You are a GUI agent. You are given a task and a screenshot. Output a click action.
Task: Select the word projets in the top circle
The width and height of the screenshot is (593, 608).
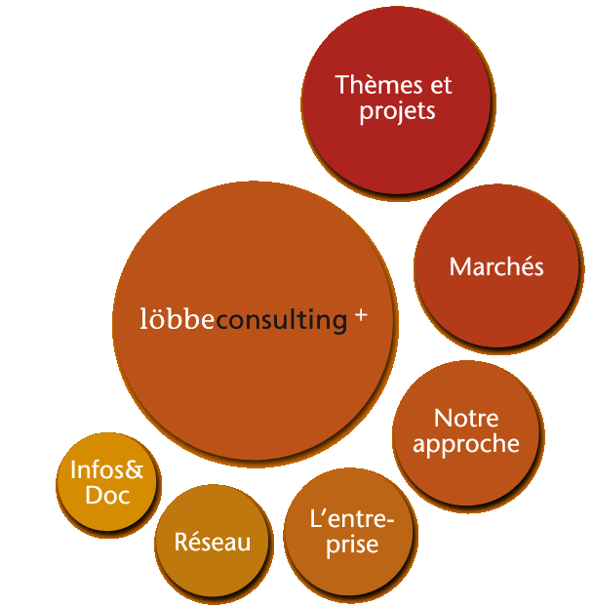coord(397,111)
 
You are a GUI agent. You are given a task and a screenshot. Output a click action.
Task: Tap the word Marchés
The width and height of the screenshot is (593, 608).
coord(496,266)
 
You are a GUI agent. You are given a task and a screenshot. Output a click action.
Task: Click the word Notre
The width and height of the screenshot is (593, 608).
coord(466,419)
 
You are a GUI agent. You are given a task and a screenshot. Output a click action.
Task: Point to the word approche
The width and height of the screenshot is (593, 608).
coord(466,444)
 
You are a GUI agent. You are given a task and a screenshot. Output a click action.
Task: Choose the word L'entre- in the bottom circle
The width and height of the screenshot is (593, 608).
coord(351,519)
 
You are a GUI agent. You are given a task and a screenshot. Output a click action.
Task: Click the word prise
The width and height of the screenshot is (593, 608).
coord(351,545)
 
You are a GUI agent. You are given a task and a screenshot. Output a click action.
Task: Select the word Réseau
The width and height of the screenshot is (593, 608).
coord(213,543)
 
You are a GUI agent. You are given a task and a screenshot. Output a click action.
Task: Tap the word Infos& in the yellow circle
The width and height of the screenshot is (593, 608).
coord(107,470)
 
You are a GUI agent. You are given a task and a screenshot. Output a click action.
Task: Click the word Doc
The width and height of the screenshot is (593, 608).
coord(107,496)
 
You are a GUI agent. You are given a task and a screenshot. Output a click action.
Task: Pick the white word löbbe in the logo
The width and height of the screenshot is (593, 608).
coord(178,319)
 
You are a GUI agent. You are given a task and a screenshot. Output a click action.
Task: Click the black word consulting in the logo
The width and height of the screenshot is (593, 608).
coord(281,320)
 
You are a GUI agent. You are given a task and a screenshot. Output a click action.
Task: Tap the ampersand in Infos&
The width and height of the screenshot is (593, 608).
coord(135,470)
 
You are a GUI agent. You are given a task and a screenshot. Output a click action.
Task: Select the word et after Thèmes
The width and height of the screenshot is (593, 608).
coord(441,85)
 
